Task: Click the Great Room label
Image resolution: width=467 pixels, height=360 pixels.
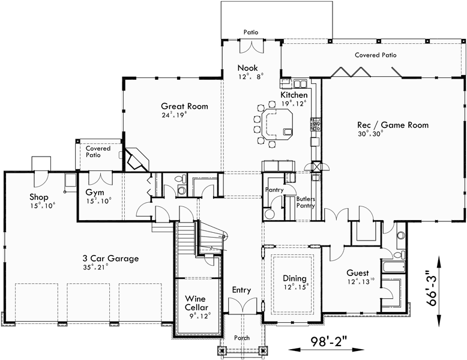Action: point(184,106)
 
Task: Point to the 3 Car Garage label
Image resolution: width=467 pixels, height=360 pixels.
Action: point(110,259)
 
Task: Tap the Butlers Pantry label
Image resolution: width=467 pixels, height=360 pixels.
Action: point(305,202)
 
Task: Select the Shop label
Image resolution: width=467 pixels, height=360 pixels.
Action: point(38,196)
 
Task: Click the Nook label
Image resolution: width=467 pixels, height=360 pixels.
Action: point(247,68)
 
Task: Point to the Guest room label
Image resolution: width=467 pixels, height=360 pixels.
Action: point(358,272)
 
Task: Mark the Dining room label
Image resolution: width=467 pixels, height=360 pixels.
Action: point(295,278)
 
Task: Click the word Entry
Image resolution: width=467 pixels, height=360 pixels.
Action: point(241,290)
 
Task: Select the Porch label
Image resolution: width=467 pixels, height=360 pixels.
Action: point(242,338)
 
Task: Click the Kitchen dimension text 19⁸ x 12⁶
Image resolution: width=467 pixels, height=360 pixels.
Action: point(294,103)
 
